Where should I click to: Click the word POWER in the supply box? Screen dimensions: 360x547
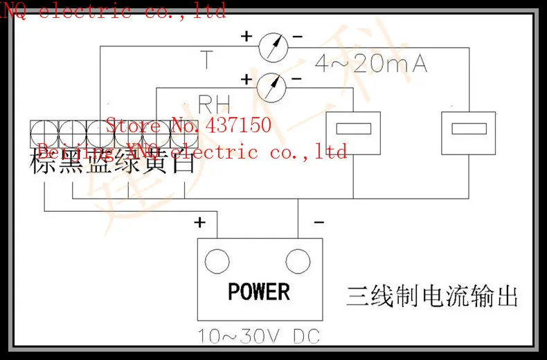(x=259, y=291)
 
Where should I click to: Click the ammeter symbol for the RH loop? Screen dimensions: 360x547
(x=271, y=87)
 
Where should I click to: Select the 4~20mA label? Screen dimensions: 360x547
(x=371, y=64)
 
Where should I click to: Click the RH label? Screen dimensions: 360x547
(x=214, y=105)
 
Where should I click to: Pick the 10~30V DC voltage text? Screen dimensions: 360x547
(x=259, y=337)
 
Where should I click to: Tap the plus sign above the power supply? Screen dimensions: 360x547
(x=200, y=222)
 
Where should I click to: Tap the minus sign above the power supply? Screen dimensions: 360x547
(x=319, y=222)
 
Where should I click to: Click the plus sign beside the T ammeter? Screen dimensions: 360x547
(x=246, y=36)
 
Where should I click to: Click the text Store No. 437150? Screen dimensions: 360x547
(x=188, y=125)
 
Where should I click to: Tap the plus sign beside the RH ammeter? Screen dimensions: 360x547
(x=246, y=78)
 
